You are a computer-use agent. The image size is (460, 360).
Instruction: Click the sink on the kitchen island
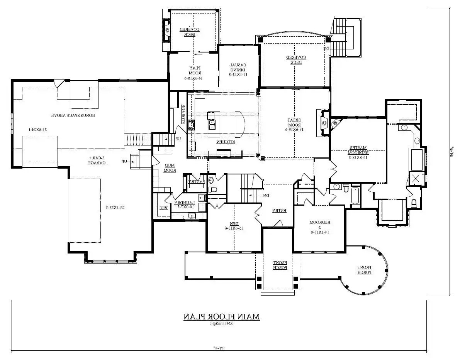pyautogui.click(x=212, y=124)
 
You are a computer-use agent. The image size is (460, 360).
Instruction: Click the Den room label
pyautogui.click(x=230, y=225)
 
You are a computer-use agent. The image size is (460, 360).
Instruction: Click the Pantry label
pyautogui.click(x=195, y=181)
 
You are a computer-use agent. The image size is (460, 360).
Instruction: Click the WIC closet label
pyautogui.click(x=163, y=208)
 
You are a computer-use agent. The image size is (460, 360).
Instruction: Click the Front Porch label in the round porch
pyautogui.click(x=363, y=269)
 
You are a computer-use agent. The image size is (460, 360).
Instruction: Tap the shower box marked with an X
pyautogui.click(x=416, y=179)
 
